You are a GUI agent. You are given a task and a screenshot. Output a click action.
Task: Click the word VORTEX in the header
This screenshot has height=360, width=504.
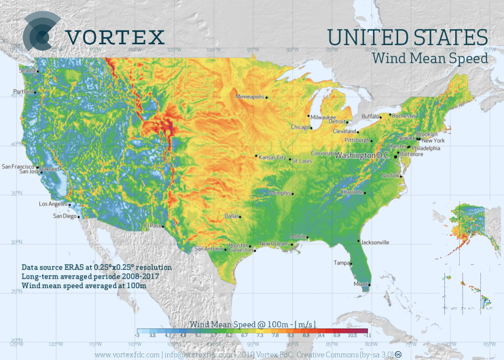pos(115,37)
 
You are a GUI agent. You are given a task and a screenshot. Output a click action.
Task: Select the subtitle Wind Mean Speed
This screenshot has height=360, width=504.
pos(430,59)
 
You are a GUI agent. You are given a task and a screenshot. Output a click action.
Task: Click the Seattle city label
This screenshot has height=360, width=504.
pos(27,70)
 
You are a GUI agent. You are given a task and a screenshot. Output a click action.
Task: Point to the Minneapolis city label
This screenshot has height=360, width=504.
pos(250,96)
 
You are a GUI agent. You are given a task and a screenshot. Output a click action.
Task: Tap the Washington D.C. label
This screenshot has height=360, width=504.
pos(362,155)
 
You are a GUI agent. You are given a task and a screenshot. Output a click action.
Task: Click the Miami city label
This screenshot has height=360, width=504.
pos(360,284)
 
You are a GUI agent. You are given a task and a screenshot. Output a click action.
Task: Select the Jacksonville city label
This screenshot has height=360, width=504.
pos(375,242)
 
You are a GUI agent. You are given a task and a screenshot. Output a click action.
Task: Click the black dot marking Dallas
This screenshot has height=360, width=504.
pos(240,217)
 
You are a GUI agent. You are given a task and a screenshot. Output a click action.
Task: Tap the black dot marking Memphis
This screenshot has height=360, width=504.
pos(293,194)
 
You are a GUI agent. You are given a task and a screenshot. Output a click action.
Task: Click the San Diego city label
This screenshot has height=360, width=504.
pos(64,216)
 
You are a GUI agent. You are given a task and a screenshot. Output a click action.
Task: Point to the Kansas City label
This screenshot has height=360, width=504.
pos(272,157)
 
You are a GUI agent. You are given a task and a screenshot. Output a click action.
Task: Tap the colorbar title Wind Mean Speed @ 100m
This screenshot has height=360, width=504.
pos(252,324)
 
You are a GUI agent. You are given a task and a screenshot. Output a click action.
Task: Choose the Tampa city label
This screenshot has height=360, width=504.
pos(341,262)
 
